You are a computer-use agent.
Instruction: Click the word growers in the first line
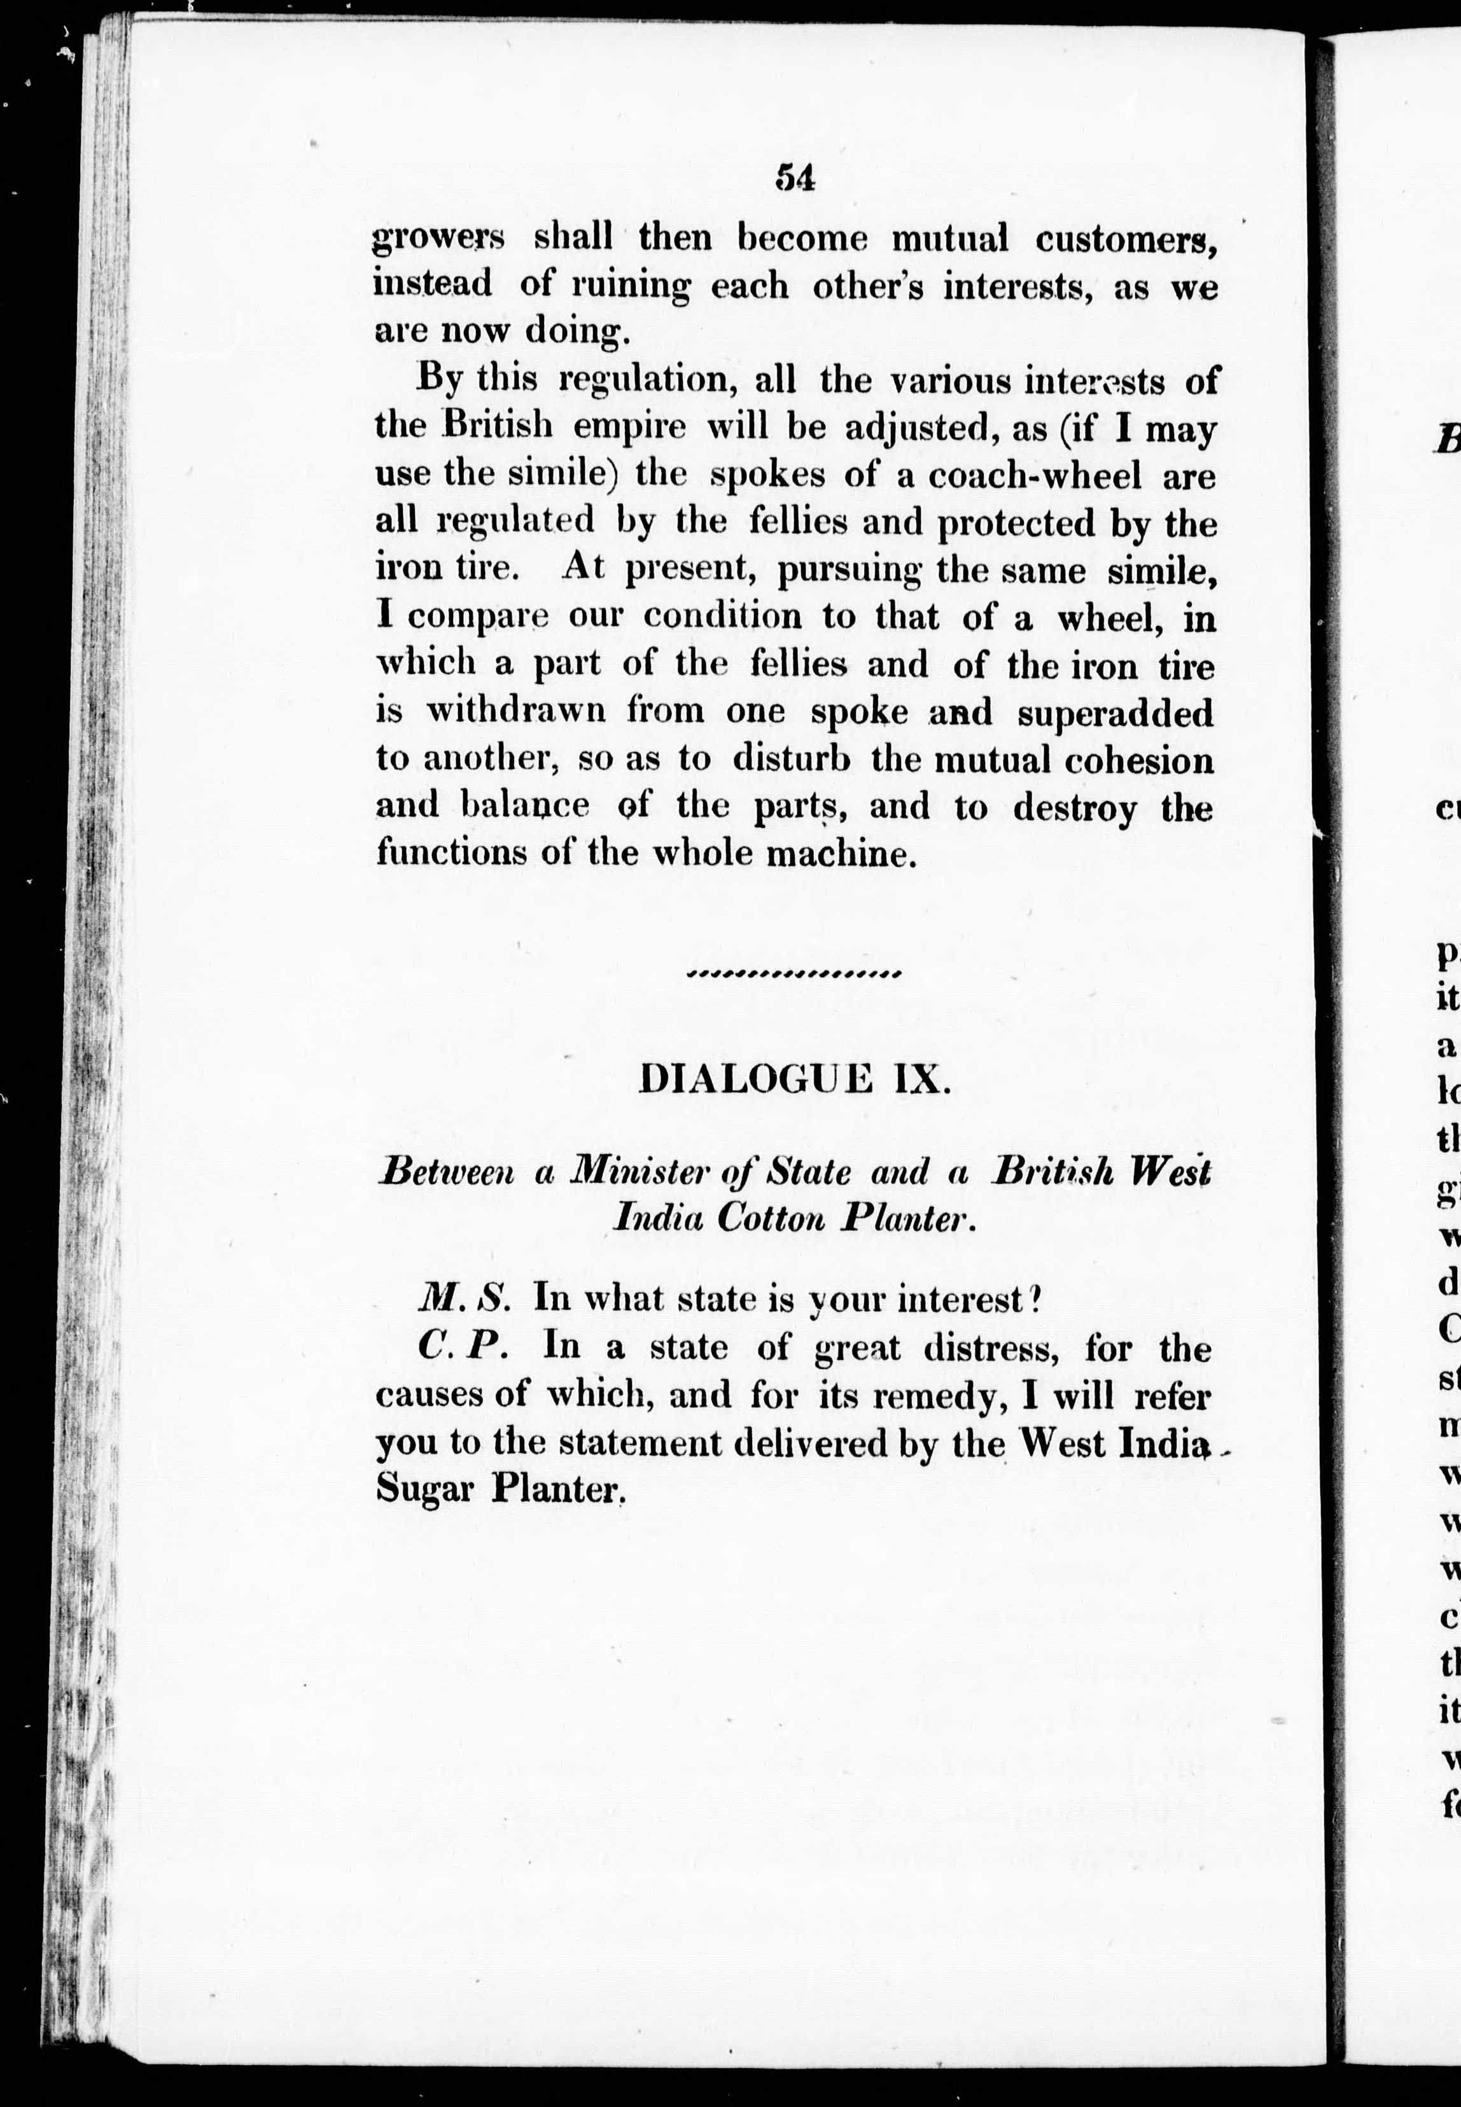point(438,240)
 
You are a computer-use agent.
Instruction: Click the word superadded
point(1115,713)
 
